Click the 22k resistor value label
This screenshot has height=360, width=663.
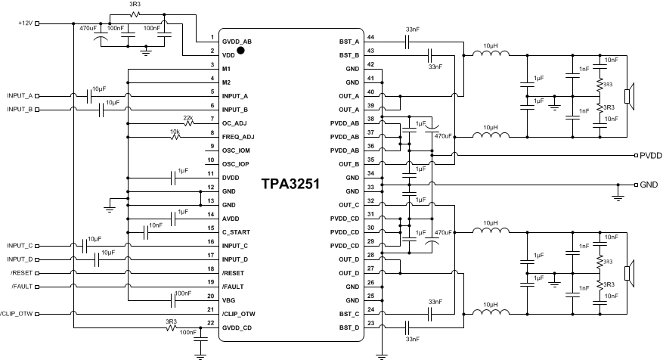pos(187,117)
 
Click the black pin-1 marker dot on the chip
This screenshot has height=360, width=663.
pos(240,51)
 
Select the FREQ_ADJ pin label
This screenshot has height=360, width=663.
pos(237,137)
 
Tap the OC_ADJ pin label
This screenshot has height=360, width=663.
pos(234,123)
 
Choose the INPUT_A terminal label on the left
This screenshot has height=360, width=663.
pos(20,96)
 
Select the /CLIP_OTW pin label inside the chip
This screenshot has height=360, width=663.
pos(238,314)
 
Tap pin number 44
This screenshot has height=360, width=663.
pos(370,37)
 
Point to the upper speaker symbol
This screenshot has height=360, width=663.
pos(627,96)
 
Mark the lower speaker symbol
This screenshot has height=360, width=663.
pos(627,273)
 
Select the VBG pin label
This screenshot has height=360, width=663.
pos(230,300)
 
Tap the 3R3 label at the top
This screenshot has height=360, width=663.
pos(135,5)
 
